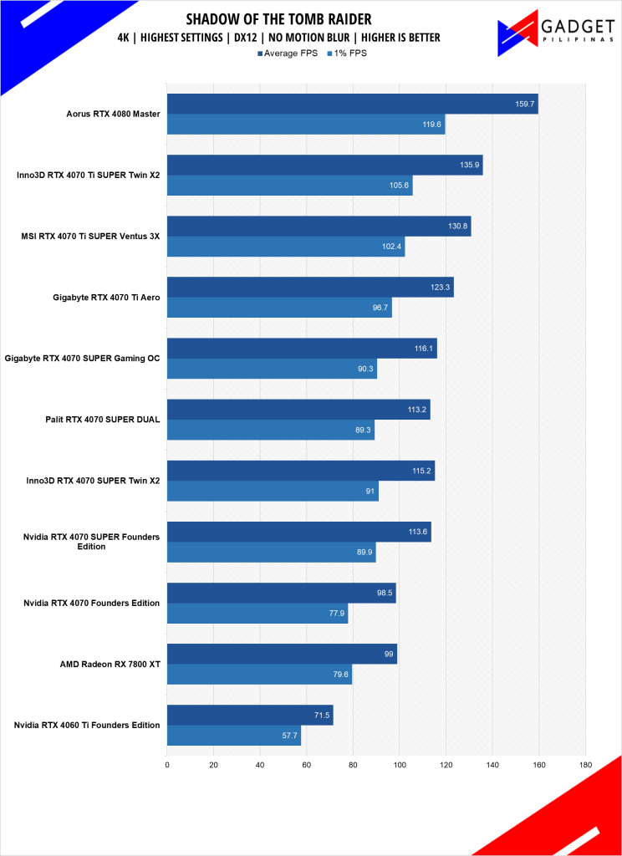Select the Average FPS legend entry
pyautogui.click(x=288, y=53)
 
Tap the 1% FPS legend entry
pyautogui.click(x=344, y=53)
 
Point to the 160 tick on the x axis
pyautogui.click(x=538, y=764)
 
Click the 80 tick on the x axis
pyautogui.click(x=353, y=764)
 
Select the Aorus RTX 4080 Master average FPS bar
pyautogui.click(x=352, y=104)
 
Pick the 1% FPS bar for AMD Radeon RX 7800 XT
pyautogui.click(x=259, y=674)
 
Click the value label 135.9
pyautogui.click(x=468, y=165)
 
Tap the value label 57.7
pyautogui.click(x=286, y=736)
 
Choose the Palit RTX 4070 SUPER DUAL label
pyautogui.click(x=103, y=420)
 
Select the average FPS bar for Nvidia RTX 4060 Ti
pyautogui.click(x=250, y=715)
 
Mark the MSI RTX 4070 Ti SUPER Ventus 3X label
pyautogui.click(x=89, y=237)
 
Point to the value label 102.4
pyautogui.click(x=390, y=247)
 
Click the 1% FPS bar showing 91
pyautogui.click(x=273, y=491)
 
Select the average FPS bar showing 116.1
pyautogui.click(x=301, y=348)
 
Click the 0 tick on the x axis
pyautogui.click(x=167, y=764)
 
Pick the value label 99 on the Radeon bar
pyautogui.click(x=389, y=654)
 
